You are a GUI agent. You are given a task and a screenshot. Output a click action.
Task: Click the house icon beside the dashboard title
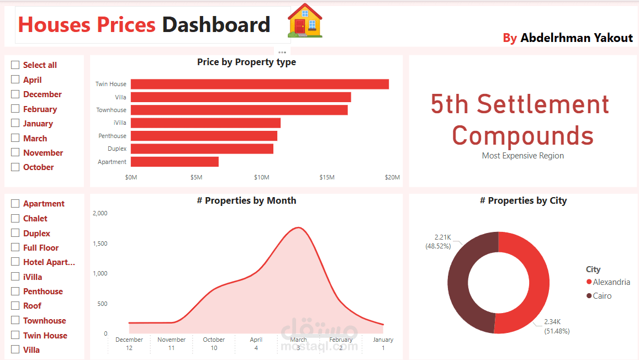coord(305,21)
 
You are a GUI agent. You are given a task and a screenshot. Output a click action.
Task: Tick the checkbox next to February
coord(15,109)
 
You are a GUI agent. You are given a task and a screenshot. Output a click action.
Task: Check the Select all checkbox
coord(15,65)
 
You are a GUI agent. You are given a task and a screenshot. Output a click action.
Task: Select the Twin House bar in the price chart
coord(260,84)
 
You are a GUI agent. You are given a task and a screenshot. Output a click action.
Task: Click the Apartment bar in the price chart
coord(175,162)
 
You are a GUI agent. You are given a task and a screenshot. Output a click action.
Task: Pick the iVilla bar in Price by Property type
coord(205,123)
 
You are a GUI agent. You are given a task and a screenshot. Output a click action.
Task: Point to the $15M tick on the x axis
coord(327,177)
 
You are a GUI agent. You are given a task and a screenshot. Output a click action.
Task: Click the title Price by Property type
coord(246,62)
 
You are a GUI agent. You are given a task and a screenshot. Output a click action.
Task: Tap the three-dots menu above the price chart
coord(282,52)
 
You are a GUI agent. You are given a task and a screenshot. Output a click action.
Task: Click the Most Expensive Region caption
coord(522,156)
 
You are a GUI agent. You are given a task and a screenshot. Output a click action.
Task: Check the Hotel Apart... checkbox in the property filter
coord(15,262)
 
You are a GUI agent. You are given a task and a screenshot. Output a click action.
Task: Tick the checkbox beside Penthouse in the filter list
coord(15,291)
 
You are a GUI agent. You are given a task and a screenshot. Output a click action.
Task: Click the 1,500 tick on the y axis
coord(100,243)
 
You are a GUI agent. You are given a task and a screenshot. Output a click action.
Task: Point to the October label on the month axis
coord(214,340)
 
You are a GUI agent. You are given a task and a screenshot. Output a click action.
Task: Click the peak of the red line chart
coord(299,227)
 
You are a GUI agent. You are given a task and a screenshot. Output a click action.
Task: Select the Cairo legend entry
coord(602,296)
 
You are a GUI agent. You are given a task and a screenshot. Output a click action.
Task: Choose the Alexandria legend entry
coord(611,282)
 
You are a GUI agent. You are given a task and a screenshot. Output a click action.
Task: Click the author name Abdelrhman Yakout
coord(577,38)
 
